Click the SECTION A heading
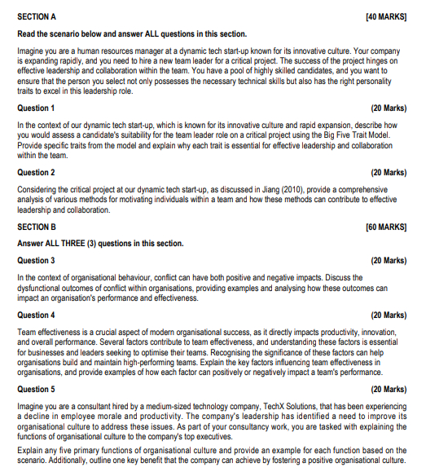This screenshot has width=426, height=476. [x=37, y=15]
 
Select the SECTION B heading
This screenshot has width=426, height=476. [x=37, y=226]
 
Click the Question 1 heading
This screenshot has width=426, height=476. [x=36, y=108]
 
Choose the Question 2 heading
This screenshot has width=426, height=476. [x=36, y=173]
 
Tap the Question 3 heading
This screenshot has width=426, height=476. [x=36, y=260]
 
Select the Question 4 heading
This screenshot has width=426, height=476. [x=36, y=315]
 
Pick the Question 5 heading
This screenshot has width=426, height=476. [x=36, y=389]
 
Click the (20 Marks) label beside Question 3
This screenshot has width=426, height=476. [x=389, y=260]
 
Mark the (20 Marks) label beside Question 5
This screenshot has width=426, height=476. [x=389, y=389]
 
